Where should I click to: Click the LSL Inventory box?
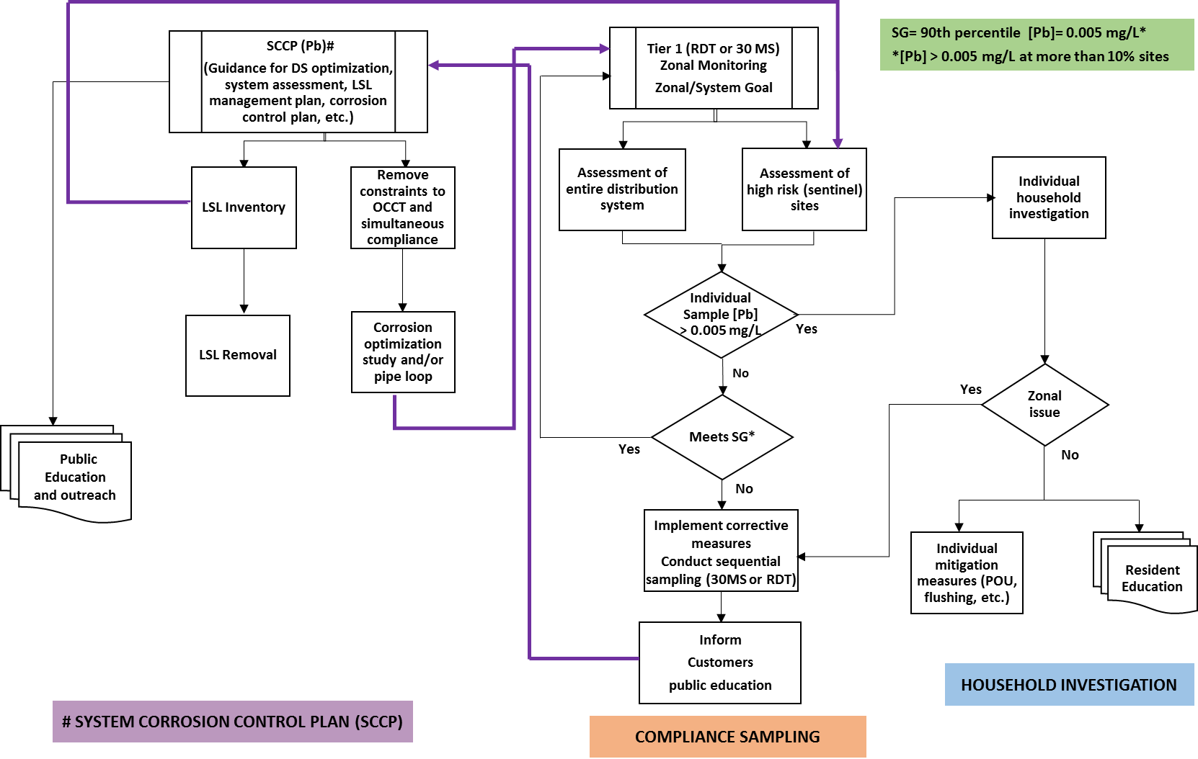pos(244,207)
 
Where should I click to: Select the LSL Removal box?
pos(238,355)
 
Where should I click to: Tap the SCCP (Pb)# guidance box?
pos(298,81)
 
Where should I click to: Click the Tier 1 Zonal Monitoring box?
pos(713,68)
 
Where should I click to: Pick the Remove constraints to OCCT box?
pos(402,207)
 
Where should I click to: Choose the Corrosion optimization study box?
pos(403,351)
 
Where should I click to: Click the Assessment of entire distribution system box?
pos(622,189)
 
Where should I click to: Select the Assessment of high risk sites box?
pos(804,189)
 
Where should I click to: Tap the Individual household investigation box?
pos(1048,197)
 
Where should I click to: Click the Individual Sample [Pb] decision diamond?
pos(720,314)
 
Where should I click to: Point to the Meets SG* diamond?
pos(722,436)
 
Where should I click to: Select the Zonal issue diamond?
pos(1044,404)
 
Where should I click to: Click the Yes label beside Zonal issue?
pos(970,389)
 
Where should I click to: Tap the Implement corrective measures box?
pos(721,551)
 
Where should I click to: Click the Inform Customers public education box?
pos(719,663)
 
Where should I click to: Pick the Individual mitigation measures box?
pos(966,572)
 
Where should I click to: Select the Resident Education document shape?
pos(1150,578)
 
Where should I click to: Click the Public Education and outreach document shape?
pos(75,477)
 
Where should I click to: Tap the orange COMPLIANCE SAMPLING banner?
pos(727,736)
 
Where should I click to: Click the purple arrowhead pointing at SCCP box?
pos(434,66)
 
